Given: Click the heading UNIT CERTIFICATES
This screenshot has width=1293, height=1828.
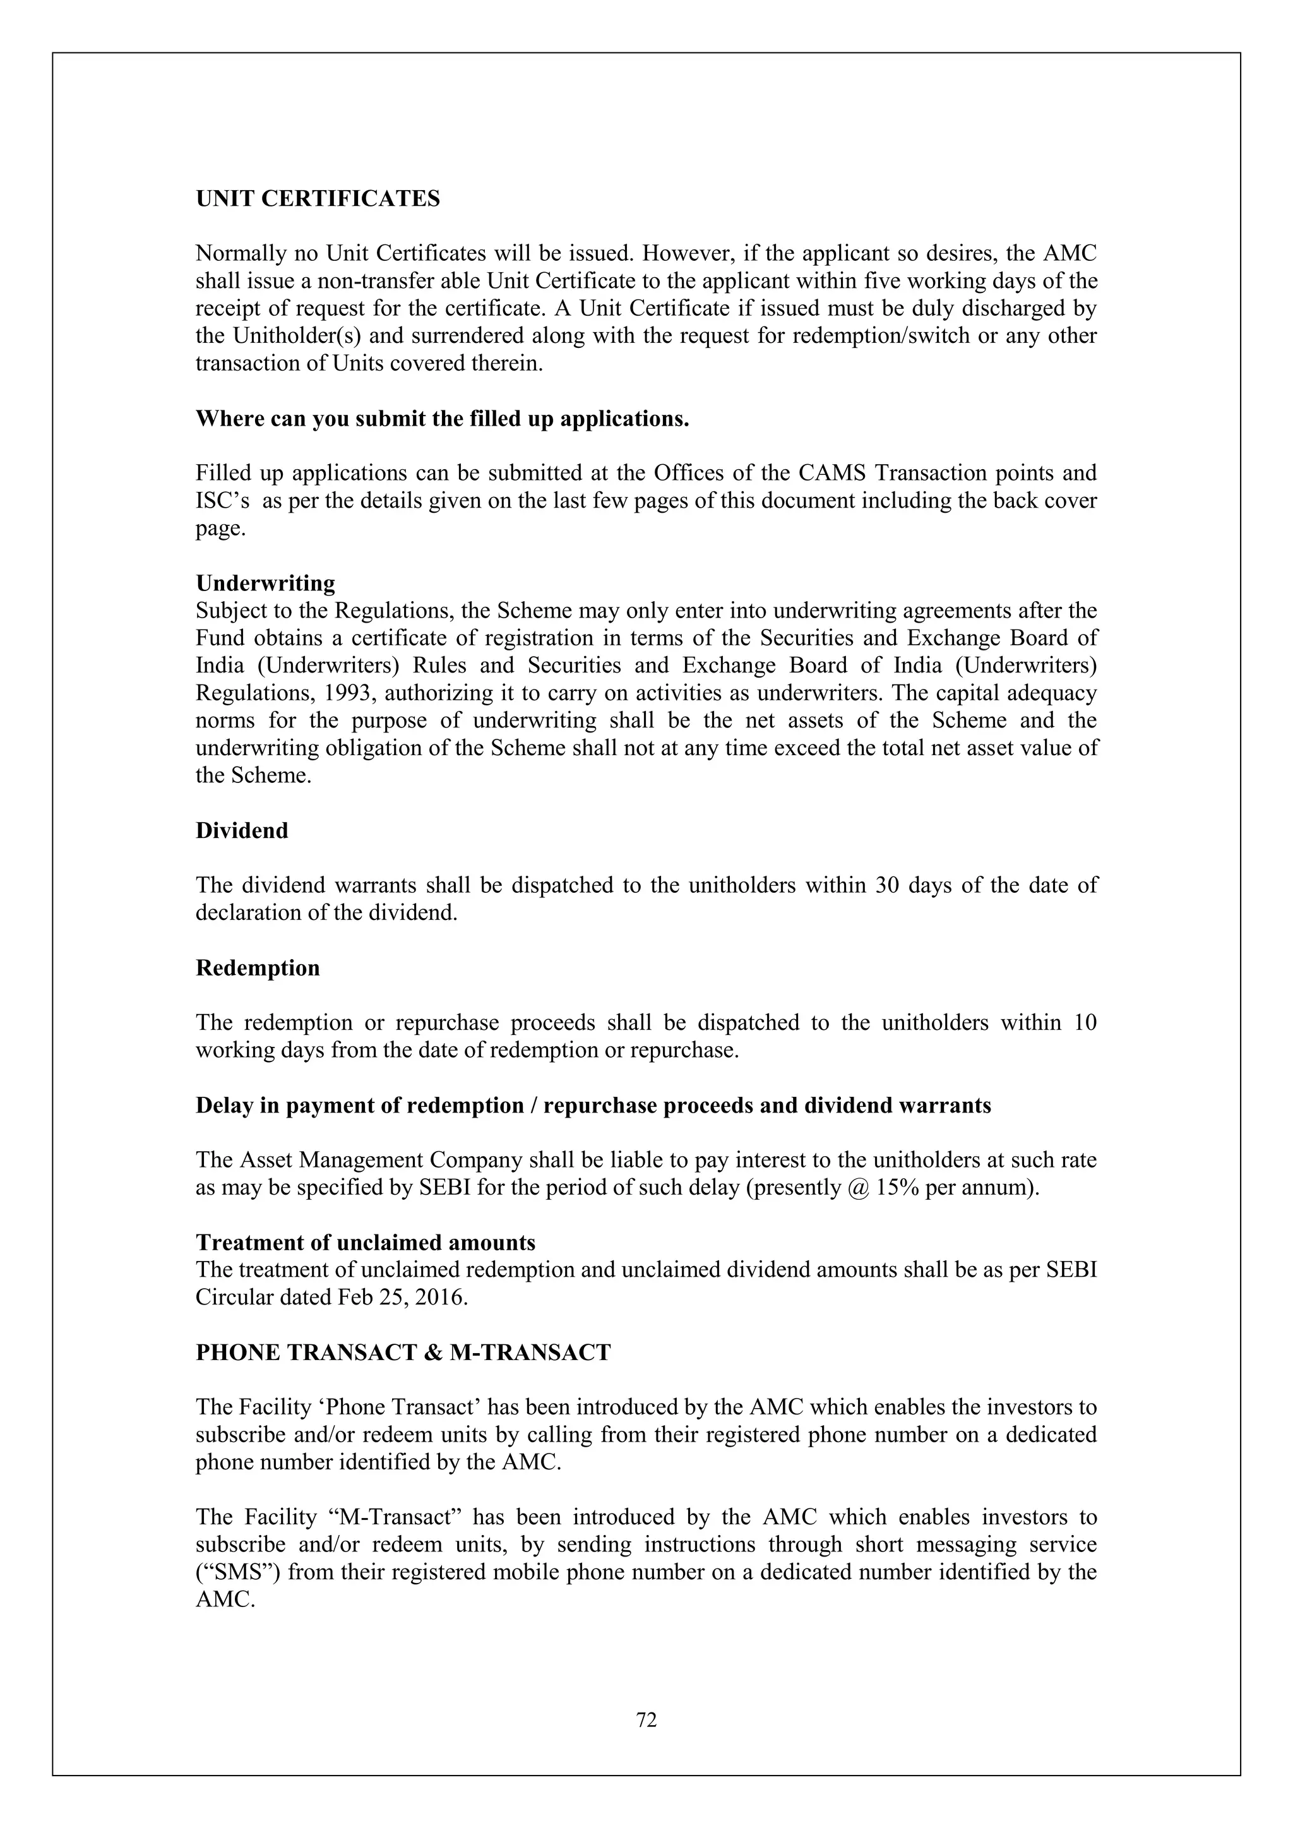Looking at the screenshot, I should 318,198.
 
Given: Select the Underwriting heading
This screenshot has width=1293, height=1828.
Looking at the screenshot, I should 265,583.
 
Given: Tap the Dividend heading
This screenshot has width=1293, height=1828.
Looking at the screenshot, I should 242,830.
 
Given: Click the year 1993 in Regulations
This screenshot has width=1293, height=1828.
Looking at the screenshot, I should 349,693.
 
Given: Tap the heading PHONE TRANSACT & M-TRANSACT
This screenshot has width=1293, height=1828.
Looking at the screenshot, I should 403,1353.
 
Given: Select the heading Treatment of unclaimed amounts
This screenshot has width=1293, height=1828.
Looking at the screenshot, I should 366,1242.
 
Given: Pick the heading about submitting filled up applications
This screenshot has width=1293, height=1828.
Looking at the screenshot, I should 442,419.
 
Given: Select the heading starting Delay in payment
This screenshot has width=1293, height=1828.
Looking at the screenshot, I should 593,1105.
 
